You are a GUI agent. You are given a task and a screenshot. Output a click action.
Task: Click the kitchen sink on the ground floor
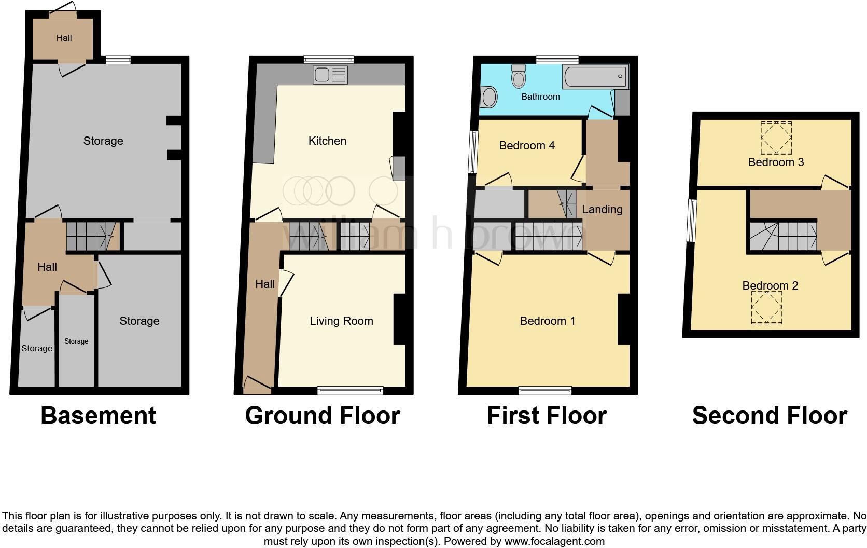point(330,75)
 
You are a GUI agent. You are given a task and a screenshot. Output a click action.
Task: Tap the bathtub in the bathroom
point(595,77)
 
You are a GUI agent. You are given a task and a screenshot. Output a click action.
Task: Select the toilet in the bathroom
point(518,76)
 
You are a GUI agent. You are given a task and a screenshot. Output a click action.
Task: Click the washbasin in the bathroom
point(488,97)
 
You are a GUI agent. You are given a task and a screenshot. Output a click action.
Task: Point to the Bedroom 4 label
point(526,146)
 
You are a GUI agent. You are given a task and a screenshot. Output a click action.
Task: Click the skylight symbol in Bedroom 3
point(776,138)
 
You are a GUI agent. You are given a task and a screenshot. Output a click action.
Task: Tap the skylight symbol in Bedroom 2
point(766,308)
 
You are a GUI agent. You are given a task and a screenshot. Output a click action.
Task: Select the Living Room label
point(341,321)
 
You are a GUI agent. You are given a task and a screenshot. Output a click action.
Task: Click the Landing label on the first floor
point(602,210)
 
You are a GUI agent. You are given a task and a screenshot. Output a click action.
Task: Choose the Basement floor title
point(99,416)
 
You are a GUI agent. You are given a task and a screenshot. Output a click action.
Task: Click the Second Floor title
point(770,416)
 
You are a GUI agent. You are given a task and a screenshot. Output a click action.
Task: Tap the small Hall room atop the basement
point(64,38)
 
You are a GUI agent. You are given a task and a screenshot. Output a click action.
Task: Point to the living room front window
point(351,391)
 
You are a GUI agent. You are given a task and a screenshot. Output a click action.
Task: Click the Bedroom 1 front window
point(544,391)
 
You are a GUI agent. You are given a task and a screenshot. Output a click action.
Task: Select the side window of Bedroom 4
point(473,152)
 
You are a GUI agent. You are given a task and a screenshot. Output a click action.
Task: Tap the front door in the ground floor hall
point(258,385)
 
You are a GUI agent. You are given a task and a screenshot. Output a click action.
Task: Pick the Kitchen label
point(327,141)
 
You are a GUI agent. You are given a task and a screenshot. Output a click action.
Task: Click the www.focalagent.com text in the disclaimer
point(554,541)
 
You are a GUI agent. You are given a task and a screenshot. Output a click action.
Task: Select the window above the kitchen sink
point(328,59)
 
